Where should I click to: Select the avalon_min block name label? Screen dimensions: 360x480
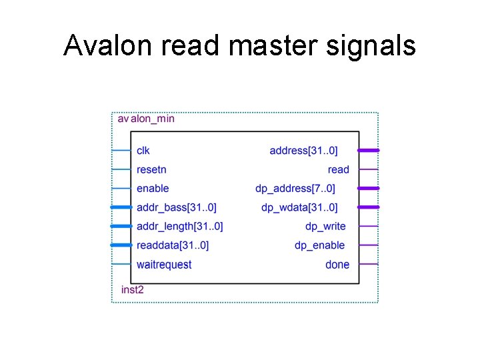point(146,119)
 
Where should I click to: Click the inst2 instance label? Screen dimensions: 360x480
point(132,289)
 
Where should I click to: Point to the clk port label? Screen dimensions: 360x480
point(143,151)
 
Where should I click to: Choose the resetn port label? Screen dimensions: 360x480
point(151,169)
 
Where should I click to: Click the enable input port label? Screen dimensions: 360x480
point(153,189)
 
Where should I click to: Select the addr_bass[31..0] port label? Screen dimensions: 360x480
point(176,207)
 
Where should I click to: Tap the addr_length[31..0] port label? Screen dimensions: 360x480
point(179,227)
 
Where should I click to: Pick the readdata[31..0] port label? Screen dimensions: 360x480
point(173,245)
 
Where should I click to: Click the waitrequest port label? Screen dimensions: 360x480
point(164,265)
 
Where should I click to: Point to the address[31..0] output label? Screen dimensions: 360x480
point(303,151)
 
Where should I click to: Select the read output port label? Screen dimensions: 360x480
point(339,169)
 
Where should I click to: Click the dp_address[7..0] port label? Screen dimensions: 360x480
point(295,189)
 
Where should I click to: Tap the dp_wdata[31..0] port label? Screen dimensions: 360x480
point(299,207)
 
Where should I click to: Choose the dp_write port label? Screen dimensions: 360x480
point(325,227)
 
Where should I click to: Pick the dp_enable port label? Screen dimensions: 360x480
point(320,245)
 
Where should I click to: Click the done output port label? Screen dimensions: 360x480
point(337,265)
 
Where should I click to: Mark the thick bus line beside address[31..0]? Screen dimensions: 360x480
point(369,151)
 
